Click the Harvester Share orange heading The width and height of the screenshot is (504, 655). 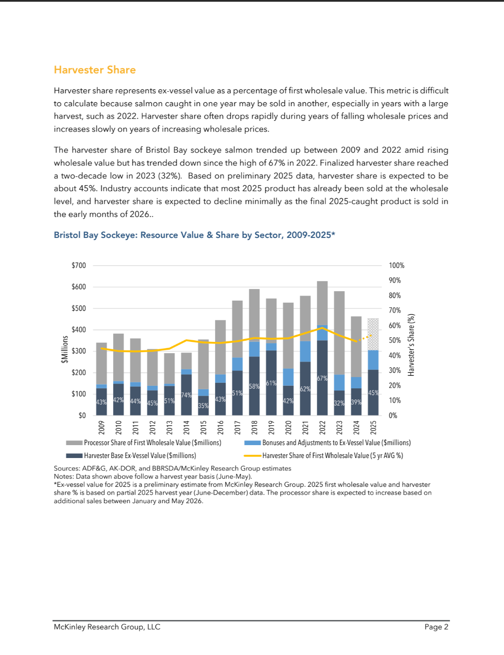pos(95,70)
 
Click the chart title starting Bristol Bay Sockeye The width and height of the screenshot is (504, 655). pos(194,235)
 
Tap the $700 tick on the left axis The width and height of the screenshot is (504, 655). pos(79,265)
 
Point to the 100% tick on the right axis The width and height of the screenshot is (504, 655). pos(396,265)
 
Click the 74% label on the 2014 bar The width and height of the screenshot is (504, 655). pos(186,395)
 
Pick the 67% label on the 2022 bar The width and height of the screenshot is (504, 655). pos(322,378)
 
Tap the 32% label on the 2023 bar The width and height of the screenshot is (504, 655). pos(339,403)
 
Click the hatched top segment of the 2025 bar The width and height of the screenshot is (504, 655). pos(373,334)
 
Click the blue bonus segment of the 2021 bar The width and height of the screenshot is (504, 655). pos(305,351)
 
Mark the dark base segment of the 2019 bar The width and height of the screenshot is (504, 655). pos(271,383)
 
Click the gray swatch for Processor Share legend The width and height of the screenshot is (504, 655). pos(74,443)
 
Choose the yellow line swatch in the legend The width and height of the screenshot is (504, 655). pos(252,455)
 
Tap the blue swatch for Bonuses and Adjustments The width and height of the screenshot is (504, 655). pos(252,443)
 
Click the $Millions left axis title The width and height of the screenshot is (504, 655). pos(65,349)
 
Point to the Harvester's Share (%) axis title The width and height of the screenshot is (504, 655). pos(411,345)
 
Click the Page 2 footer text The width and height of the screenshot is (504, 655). pos(436,627)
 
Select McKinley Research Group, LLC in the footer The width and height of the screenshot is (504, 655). pos(107,627)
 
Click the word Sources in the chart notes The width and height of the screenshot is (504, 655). pos(66,468)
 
